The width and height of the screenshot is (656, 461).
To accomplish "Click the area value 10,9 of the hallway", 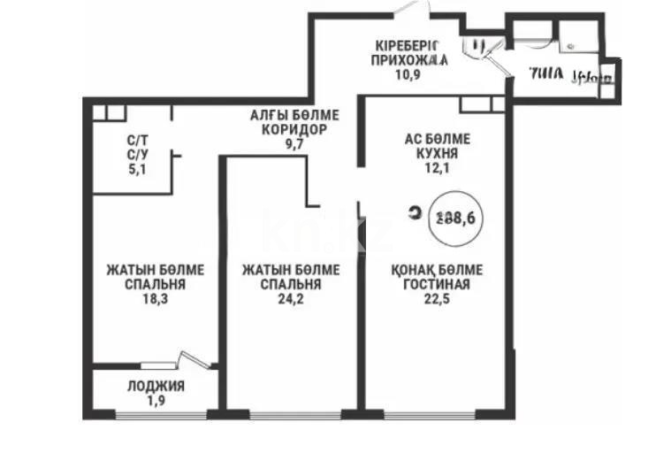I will pos(408,75).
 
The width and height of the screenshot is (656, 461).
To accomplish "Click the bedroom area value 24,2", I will pos(282,300).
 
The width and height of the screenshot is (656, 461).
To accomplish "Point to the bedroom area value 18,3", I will pos(143,300).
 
